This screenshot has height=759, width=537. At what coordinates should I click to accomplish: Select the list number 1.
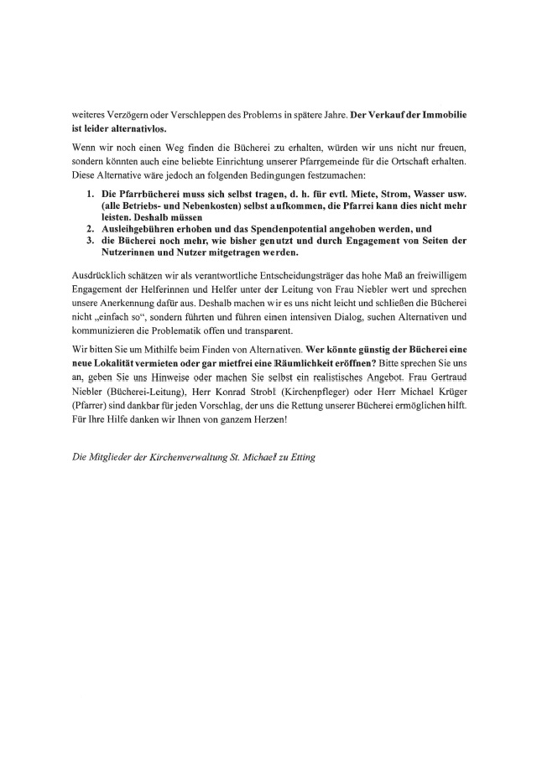[x=91, y=194]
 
